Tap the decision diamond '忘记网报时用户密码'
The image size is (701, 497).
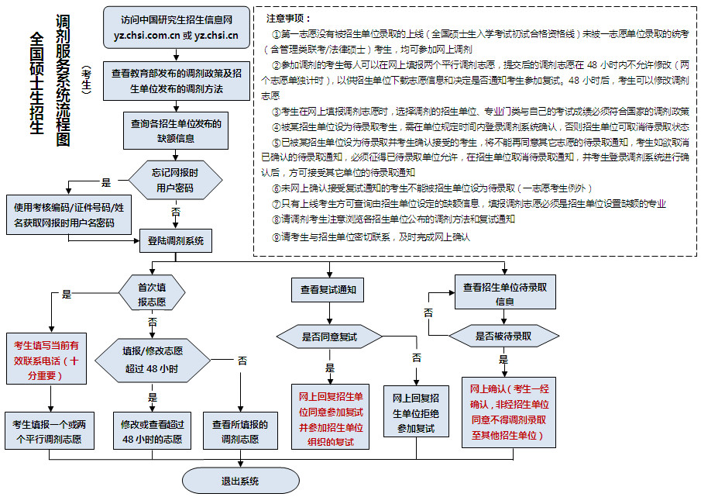174,181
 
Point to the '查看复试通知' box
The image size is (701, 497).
328,289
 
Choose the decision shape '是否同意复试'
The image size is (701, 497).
329,337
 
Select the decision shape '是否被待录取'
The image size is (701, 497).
503,336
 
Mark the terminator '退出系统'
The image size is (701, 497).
239,481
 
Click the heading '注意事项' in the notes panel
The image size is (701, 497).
289,18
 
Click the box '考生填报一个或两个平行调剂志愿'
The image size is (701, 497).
49,432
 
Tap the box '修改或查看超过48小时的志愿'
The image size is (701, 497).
152,432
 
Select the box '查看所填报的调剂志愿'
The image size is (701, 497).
240,432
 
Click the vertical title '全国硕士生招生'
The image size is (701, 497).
36,84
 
